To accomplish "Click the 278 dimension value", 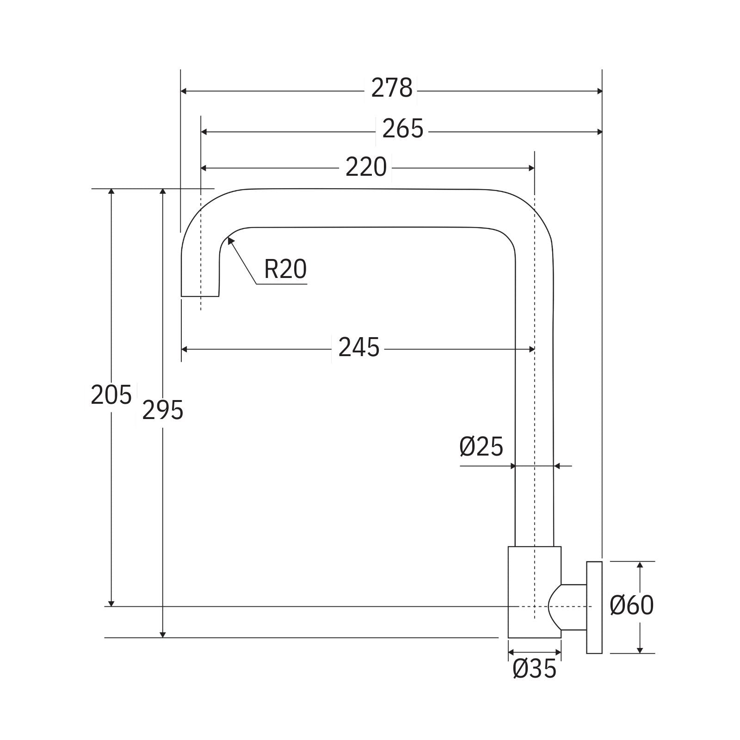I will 391,88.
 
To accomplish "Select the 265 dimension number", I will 402,129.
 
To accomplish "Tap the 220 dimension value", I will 366,167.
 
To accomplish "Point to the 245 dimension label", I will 358,347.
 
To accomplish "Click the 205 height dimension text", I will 111,395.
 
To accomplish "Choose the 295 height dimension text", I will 162,410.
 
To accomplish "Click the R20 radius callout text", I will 285,269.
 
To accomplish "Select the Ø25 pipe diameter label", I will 481,447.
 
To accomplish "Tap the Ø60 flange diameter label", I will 631,605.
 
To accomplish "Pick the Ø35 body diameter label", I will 534,668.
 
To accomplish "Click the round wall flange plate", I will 594,607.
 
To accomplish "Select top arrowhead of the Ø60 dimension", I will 640,565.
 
